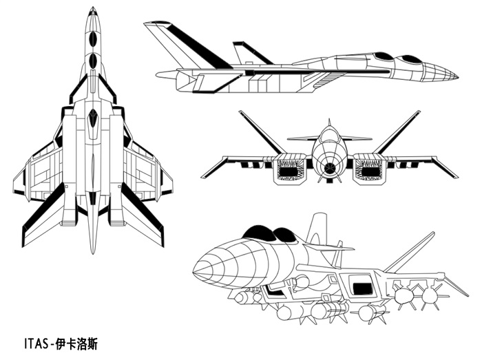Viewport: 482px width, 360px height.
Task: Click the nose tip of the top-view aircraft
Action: [x=92, y=8]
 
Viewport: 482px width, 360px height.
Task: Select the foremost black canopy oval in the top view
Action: [x=92, y=39]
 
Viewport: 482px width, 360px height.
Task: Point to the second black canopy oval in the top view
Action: [x=92, y=61]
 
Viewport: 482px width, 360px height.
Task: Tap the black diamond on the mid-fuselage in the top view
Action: [x=92, y=118]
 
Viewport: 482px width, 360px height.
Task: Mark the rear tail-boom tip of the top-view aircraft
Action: [x=92, y=251]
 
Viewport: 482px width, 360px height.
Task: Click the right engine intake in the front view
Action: [x=368, y=170]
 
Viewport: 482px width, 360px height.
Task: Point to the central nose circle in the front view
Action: [x=330, y=166]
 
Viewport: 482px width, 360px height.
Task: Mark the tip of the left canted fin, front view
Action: [x=241, y=112]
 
